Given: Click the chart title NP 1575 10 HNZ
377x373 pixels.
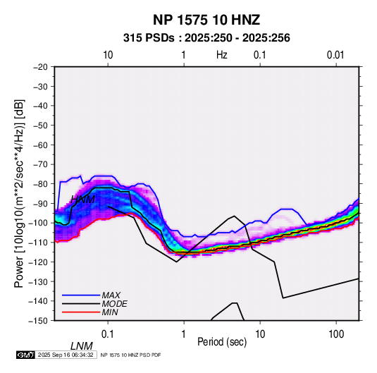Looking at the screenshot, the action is click(x=206, y=20).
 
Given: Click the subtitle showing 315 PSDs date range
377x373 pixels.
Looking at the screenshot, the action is click(x=206, y=38).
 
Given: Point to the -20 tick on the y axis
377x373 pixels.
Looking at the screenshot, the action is click(x=40, y=67).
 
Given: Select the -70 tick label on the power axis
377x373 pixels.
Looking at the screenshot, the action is click(x=40, y=164).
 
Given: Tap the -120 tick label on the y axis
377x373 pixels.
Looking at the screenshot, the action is click(x=38, y=262).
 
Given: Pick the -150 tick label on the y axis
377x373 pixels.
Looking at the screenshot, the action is click(x=38, y=321).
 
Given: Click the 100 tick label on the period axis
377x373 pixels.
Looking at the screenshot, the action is click(x=336, y=334).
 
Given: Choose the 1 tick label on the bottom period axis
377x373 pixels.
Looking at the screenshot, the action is click(x=184, y=334).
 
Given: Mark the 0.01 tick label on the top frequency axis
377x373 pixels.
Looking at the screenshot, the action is click(x=335, y=55).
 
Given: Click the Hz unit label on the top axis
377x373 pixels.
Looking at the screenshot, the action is click(x=222, y=55).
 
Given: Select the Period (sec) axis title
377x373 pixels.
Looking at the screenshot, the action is click(x=222, y=342).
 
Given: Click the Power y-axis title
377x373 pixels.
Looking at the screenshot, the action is click(x=19, y=193).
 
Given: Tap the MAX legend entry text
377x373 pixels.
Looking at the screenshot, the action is click(x=111, y=295).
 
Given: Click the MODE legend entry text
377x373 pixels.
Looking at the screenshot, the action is click(x=114, y=304).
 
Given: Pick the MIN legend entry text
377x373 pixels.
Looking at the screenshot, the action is click(x=110, y=312).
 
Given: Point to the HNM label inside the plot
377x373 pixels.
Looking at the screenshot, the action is click(x=82, y=200).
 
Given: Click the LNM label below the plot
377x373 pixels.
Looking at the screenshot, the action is click(x=81, y=346).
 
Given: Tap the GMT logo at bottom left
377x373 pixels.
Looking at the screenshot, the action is click(x=25, y=355).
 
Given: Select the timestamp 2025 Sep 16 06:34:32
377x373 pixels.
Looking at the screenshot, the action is click(x=66, y=355).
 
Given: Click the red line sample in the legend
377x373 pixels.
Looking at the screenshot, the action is click(x=81, y=312).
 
